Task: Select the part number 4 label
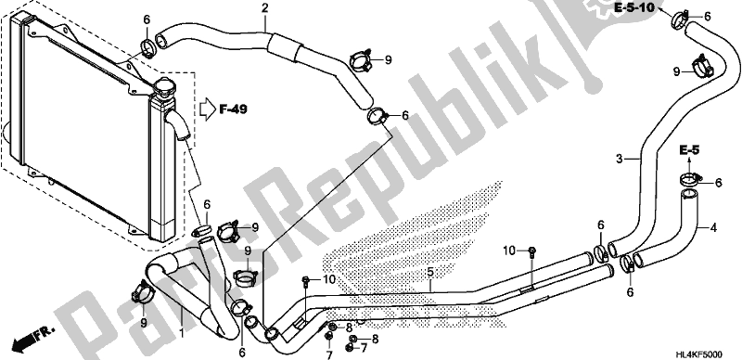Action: click(713, 227)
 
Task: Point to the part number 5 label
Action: click(429, 273)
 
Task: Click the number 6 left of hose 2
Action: click(147, 19)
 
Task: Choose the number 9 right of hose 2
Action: click(390, 60)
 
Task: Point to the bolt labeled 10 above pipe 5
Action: click(532, 251)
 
